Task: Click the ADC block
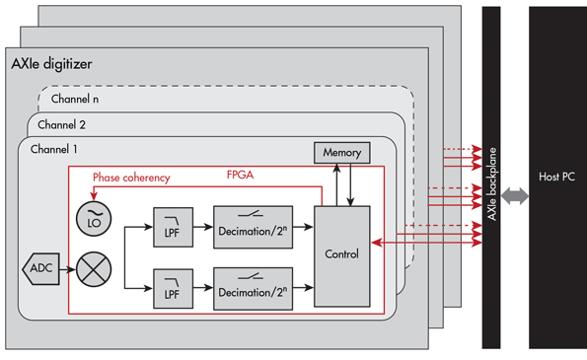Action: pos(38,268)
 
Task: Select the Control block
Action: pos(341,254)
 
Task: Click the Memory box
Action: pos(341,153)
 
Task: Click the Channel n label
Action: pos(76,99)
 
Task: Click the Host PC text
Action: pos(556,178)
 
